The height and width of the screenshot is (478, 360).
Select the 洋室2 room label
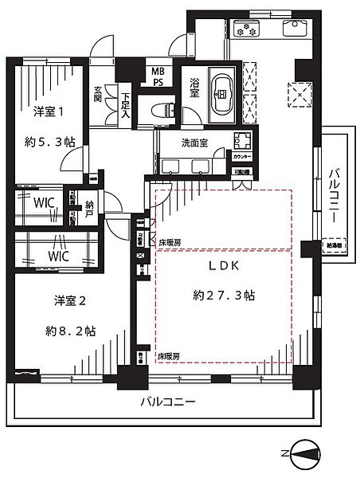pyautogui.click(x=69, y=300)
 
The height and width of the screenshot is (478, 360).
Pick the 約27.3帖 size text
pyautogui.click(x=224, y=295)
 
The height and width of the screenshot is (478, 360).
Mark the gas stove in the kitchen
pyautogui.click(x=246, y=31)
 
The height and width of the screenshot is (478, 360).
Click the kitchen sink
pyautogui.click(x=292, y=30)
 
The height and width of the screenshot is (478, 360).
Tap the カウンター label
pyautogui.click(x=241, y=157)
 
